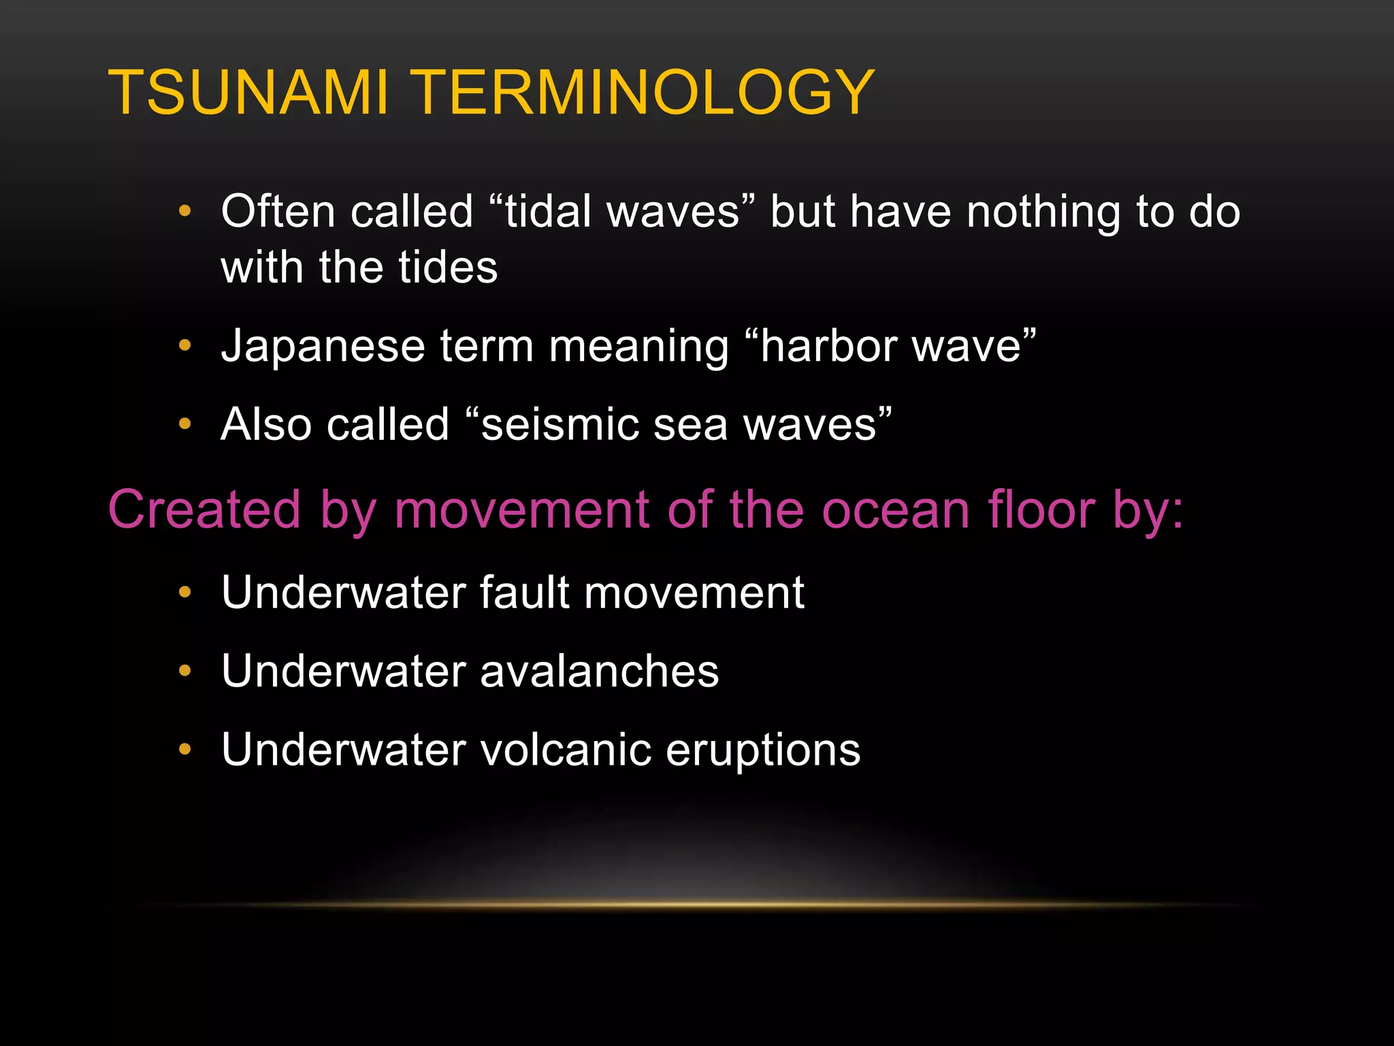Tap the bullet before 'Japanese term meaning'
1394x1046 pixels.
click(184, 346)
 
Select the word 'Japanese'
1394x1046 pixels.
click(323, 346)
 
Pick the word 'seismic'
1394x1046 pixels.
click(560, 424)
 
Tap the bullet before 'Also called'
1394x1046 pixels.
click(184, 424)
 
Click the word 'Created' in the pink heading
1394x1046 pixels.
click(204, 509)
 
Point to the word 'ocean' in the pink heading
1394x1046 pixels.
click(895, 509)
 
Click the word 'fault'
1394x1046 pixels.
click(524, 592)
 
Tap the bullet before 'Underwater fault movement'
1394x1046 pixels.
click(184, 592)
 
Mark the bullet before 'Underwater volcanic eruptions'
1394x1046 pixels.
click(184, 750)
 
